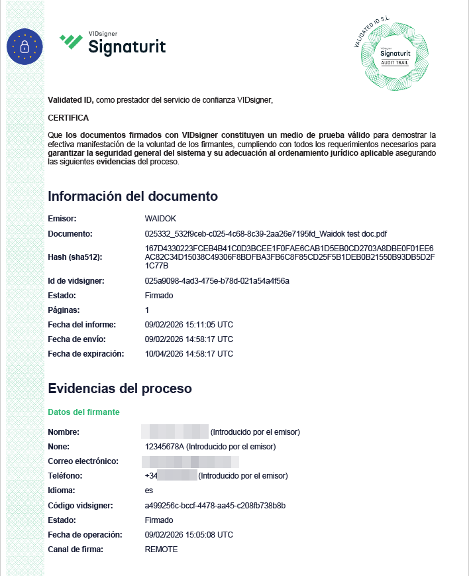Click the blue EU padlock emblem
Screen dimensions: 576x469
coord(25,46)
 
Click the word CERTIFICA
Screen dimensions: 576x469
coord(68,118)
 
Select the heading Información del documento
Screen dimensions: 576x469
coord(132,196)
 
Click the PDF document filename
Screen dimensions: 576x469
coord(266,234)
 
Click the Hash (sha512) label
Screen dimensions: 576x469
coord(76,257)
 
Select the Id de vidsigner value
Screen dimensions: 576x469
coord(217,281)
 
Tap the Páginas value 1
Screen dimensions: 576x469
coord(147,310)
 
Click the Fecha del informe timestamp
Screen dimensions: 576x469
coord(189,325)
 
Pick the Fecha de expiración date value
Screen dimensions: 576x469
coord(189,354)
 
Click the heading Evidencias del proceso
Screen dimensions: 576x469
coord(120,388)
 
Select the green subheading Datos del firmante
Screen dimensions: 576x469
coord(83,412)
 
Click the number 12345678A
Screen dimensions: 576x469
coord(164,447)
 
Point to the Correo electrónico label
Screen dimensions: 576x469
coord(83,461)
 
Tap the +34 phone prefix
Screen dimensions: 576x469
coord(150,476)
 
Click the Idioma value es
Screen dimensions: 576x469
coord(148,490)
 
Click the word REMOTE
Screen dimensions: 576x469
coord(161,549)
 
